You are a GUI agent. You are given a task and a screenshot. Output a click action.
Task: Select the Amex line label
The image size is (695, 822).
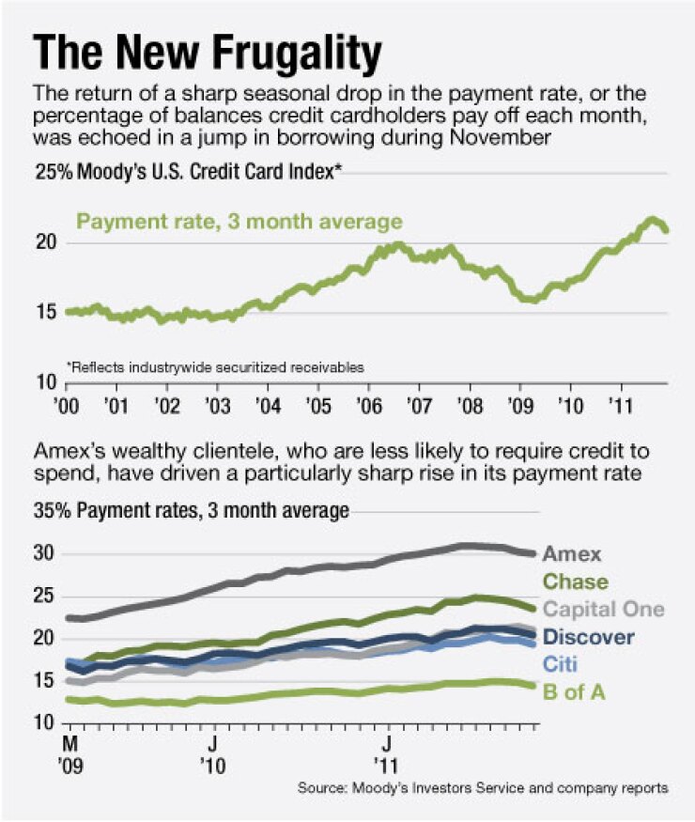[x=572, y=554]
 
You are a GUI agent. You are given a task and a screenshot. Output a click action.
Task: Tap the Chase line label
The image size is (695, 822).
[x=575, y=582]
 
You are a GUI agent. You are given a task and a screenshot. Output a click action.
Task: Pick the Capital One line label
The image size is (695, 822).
[x=604, y=609]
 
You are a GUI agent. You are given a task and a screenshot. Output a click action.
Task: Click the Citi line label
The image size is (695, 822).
[x=560, y=664]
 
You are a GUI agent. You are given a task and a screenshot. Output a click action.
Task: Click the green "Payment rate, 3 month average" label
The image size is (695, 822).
[x=239, y=223]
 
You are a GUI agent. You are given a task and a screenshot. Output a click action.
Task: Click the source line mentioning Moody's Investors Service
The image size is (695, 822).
[x=483, y=788]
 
